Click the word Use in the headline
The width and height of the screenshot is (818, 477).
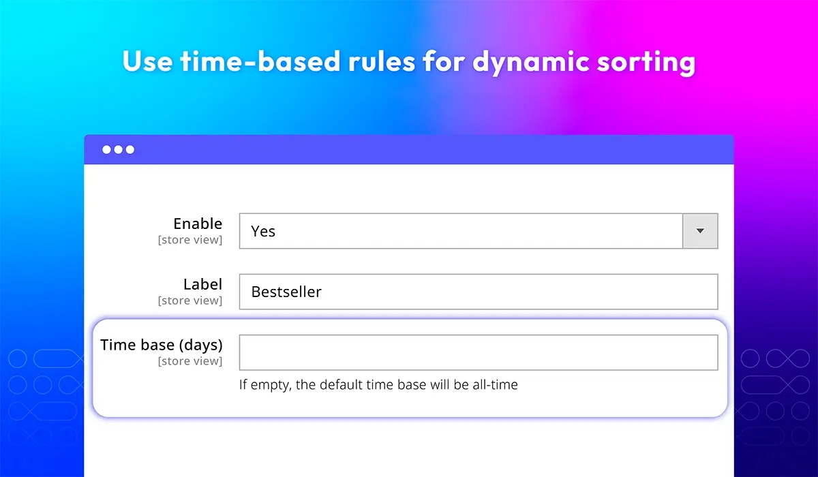(x=147, y=61)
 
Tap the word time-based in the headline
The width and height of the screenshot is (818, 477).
(x=260, y=61)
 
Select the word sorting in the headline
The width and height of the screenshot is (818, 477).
(x=646, y=63)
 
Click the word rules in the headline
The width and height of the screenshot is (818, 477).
(x=382, y=61)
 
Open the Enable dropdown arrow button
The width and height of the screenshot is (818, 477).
(x=700, y=231)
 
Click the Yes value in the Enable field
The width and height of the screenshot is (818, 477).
(x=263, y=232)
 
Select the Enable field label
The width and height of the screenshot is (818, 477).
(x=198, y=224)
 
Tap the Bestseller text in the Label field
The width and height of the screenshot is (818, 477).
(x=286, y=292)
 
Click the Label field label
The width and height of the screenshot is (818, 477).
(x=202, y=284)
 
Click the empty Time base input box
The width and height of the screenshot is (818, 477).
(x=479, y=352)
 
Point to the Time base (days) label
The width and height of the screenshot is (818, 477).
(x=162, y=345)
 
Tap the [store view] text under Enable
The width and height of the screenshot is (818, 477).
(x=190, y=240)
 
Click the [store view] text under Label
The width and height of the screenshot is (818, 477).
(x=190, y=301)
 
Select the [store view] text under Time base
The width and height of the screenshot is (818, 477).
(x=190, y=361)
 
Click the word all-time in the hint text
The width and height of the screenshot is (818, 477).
(x=495, y=384)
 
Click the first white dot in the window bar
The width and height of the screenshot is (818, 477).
(x=106, y=150)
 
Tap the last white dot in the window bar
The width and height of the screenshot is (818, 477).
(x=130, y=150)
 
